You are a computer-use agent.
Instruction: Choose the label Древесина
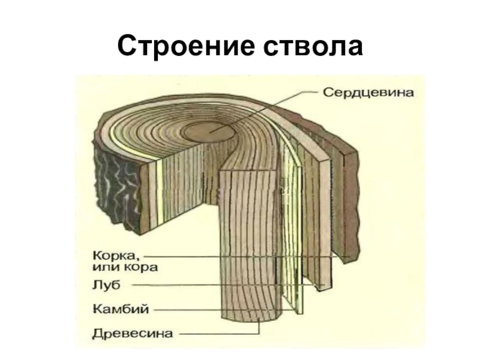[x=133, y=332]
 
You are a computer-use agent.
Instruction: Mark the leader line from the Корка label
[x=240, y=257]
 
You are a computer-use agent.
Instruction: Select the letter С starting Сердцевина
[x=328, y=94]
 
